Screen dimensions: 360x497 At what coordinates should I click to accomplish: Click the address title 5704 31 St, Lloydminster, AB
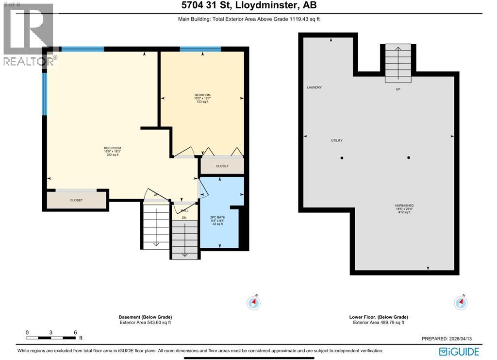coord(248,6)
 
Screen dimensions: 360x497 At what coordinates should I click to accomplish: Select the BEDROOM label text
coord(201,95)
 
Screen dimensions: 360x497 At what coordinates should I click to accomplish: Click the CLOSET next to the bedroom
coord(222,166)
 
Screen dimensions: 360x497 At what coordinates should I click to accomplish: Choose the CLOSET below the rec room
coord(76,200)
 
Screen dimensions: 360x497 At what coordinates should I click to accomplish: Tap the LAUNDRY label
coord(314,87)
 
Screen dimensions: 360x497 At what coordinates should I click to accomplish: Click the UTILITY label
coord(337,140)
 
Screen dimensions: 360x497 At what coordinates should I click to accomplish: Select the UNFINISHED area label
coord(404,206)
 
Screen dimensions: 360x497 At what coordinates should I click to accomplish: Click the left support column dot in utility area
coord(342,158)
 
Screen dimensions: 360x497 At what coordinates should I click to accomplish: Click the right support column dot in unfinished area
coord(409,157)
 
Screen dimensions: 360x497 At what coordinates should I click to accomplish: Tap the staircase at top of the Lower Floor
coord(398,63)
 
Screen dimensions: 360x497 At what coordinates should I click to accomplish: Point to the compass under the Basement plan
coord(254,303)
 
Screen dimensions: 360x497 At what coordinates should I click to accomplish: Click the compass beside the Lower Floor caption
coord(461,303)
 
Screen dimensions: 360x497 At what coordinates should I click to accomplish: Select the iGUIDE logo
coord(459,351)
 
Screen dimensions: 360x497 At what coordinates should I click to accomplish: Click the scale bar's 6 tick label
coord(75,333)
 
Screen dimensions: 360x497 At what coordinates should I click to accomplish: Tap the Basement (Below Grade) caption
coord(145,317)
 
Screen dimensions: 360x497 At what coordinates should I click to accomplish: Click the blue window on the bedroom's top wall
coord(200,49)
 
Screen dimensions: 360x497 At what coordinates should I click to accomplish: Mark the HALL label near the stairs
coord(184,210)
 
